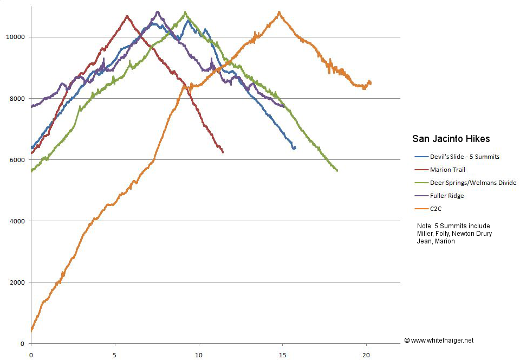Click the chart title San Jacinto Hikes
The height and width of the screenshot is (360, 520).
(x=451, y=139)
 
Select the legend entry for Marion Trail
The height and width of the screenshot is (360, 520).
(x=447, y=170)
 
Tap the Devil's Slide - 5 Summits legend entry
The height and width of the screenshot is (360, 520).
(x=464, y=157)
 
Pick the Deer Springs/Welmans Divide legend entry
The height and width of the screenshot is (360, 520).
(x=473, y=183)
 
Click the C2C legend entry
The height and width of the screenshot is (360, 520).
(x=437, y=209)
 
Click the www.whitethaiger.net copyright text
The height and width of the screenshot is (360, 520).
(x=439, y=340)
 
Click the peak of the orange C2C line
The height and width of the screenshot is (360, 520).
(x=279, y=11)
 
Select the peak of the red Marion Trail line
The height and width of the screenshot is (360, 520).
(x=127, y=16)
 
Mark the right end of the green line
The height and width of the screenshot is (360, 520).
(x=337, y=171)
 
